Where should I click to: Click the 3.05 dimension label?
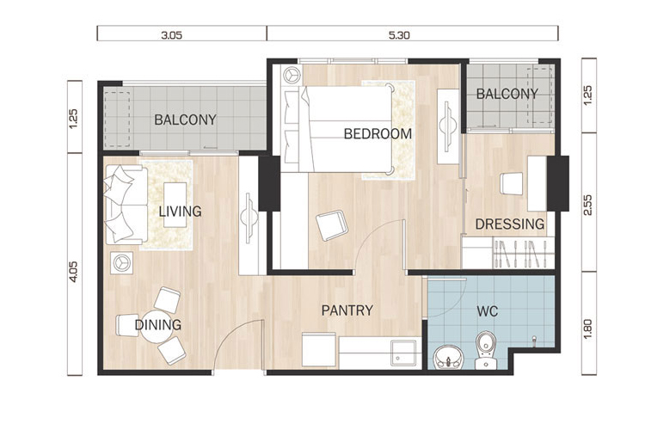point(171,35)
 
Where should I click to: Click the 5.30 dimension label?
point(399,35)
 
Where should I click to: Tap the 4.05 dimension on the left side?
point(74,272)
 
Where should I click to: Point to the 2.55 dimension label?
point(588,205)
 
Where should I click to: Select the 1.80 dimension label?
point(588,329)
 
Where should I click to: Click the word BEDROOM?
point(378,134)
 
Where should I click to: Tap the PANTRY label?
point(347,310)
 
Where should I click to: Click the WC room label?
point(488,311)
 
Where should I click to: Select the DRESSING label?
point(510,224)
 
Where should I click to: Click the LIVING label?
point(181,212)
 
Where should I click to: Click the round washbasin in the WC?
point(449,357)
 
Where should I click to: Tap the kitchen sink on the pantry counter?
point(403,353)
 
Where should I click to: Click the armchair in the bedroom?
point(332,225)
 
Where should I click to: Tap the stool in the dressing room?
point(512,183)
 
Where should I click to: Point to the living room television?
point(249,218)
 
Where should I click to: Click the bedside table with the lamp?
point(292,76)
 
